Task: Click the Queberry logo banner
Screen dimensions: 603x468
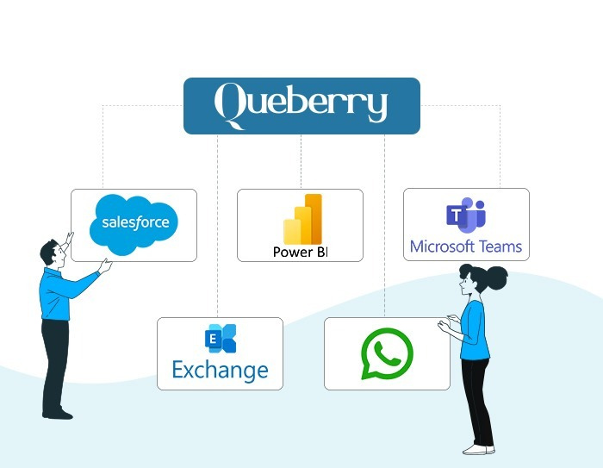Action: pyautogui.click(x=301, y=106)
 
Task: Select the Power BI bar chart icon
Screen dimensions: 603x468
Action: pyautogui.click(x=302, y=219)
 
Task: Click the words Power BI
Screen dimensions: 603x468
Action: pyautogui.click(x=300, y=252)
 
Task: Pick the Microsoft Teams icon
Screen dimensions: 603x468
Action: pyautogui.click(x=466, y=215)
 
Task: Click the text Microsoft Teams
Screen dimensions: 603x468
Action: pyautogui.click(x=466, y=246)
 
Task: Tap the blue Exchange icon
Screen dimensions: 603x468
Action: pyautogui.click(x=221, y=339)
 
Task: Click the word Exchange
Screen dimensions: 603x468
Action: pyautogui.click(x=220, y=371)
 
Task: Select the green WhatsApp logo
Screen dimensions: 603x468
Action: pyautogui.click(x=387, y=353)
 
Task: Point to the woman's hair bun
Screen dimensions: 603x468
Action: pyautogui.click(x=495, y=278)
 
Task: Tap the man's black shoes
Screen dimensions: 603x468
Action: pyautogui.click(x=58, y=415)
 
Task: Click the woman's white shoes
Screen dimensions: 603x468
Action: pyautogui.click(x=479, y=450)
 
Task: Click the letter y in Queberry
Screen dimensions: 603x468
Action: pyautogui.click(x=377, y=107)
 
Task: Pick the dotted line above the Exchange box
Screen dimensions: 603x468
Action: pyautogui.click(x=217, y=226)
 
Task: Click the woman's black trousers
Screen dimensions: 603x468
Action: pyautogui.click(x=477, y=402)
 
